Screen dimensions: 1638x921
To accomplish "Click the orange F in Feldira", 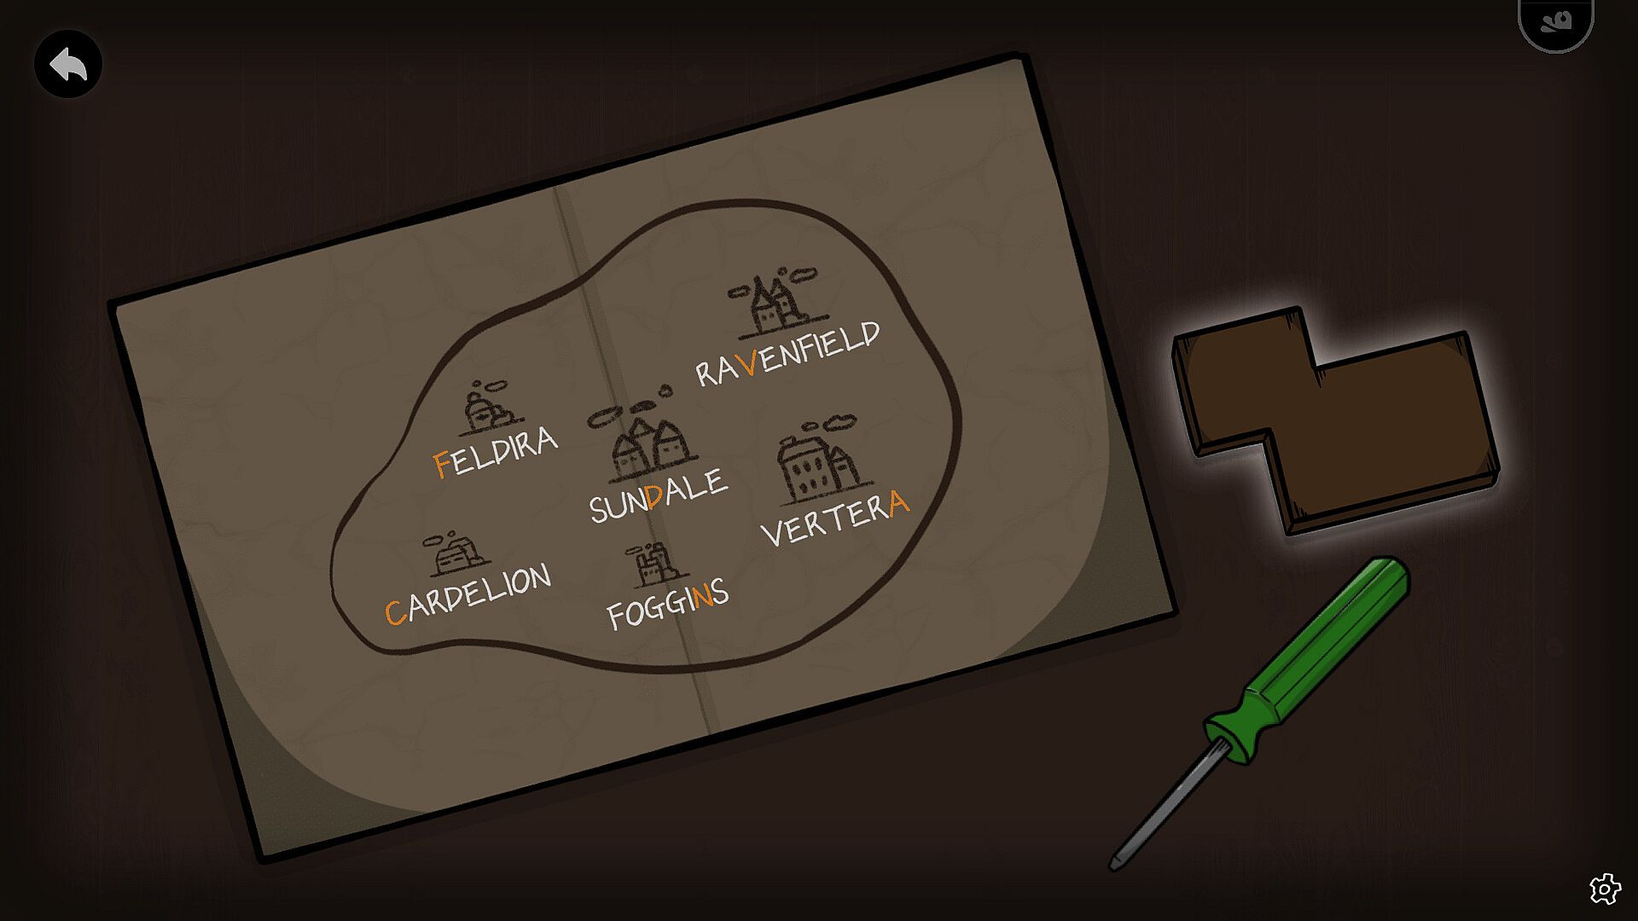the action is pyautogui.click(x=442, y=464).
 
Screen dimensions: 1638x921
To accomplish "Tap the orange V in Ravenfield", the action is pyautogui.click(x=748, y=362).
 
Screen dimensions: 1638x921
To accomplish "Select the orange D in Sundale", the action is pyautogui.click(x=655, y=496).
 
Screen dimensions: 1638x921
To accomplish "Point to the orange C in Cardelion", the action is pyautogui.click(x=395, y=611).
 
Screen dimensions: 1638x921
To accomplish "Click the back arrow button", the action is pyautogui.click(x=68, y=64).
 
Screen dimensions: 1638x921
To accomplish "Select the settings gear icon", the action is pyautogui.click(x=1605, y=889).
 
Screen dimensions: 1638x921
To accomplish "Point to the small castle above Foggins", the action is pyautogui.click(x=652, y=565).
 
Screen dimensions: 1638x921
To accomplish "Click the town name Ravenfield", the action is pyautogui.click(x=787, y=353).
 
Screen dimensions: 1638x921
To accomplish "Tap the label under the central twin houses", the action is pyautogui.click(x=659, y=495).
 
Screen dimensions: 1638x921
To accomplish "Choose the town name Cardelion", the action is pyautogui.click(x=468, y=594).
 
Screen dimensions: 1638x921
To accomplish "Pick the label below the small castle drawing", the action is pyautogui.click(x=668, y=604).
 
